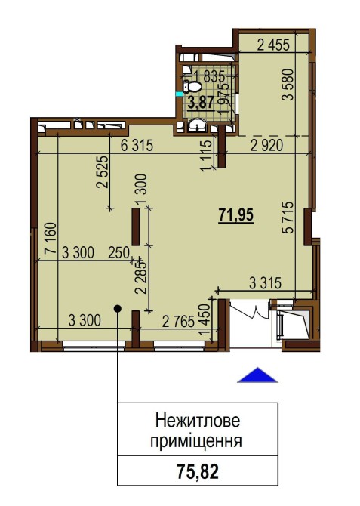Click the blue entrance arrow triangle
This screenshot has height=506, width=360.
(257, 375)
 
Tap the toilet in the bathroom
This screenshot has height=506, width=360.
(192, 87)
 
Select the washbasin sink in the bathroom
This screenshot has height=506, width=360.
(197, 125)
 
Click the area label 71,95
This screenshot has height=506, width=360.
(236, 215)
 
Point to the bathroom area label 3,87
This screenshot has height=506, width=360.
(202, 103)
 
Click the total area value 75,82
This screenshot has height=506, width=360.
(198, 471)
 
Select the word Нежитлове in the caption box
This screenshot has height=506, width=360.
(198, 421)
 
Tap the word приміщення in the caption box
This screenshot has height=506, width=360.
(196, 441)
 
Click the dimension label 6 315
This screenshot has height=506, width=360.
(137, 145)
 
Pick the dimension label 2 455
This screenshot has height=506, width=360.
(273, 45)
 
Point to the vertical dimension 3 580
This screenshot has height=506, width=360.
(288, 85)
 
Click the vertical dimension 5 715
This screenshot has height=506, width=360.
(288, 218)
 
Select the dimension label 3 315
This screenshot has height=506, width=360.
(266, 283)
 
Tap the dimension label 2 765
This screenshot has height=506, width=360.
(178, 322)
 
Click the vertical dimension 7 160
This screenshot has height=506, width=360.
(51, 238)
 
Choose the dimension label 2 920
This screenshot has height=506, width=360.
(266, 145)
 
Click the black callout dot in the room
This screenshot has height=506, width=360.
(118, 309)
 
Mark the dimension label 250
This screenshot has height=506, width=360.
(118, 252)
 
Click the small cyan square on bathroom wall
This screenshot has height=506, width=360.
(178, 94)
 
